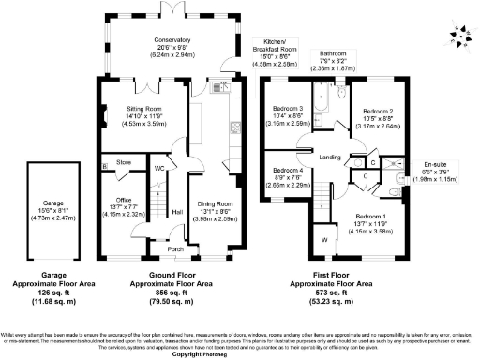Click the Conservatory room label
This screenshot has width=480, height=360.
pos(172,41)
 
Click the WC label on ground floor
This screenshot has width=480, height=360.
pos(160,168)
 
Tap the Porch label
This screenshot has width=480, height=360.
pos(173,249)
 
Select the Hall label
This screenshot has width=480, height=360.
pos(176,211)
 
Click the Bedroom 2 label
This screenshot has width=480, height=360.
pos(376,110)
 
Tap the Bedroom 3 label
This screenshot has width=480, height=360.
pos(287,110)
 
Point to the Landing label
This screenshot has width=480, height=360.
pos(328,157)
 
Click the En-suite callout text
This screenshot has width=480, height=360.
pos(435,161)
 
